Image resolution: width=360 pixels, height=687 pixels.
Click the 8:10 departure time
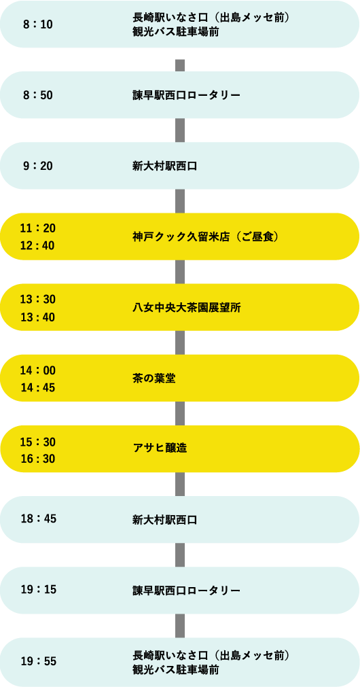[x=37, y=24]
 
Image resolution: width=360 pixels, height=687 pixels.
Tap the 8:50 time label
[x=37, y=95]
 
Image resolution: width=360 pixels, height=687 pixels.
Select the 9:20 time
[x=37, y=166]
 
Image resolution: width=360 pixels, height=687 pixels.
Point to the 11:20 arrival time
[x=37, y=228]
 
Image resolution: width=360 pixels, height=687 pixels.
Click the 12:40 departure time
[x=37, y=246]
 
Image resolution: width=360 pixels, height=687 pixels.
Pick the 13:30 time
[x=37, y=299]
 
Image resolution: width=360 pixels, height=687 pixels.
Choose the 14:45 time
[x=37, y=388]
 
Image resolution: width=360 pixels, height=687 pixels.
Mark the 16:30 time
[x=37, y=459]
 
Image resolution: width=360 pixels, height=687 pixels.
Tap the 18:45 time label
[x=39, y=519]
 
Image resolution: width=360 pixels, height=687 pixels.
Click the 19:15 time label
[x=39, y=591]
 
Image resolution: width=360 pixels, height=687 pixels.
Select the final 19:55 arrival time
[x=39, y=661]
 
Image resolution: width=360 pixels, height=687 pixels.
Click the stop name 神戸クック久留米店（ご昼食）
[x=206, y=237]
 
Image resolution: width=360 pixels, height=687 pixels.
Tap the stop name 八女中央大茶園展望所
[x=187, y=308]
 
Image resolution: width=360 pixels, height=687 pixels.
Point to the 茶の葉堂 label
[x=154, y=378]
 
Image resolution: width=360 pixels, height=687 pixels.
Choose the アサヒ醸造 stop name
[x=160, y=450]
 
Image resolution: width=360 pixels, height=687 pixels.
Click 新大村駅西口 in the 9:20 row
[x=164, y=166]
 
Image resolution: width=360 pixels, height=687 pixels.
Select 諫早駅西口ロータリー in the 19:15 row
[x=187, y=591]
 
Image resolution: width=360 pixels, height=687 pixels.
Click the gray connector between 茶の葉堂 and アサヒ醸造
[x=180, y=414]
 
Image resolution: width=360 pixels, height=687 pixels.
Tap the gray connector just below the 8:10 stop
[x=180, y=65]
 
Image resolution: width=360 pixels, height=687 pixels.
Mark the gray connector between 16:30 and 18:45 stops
[x=180, y=484]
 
